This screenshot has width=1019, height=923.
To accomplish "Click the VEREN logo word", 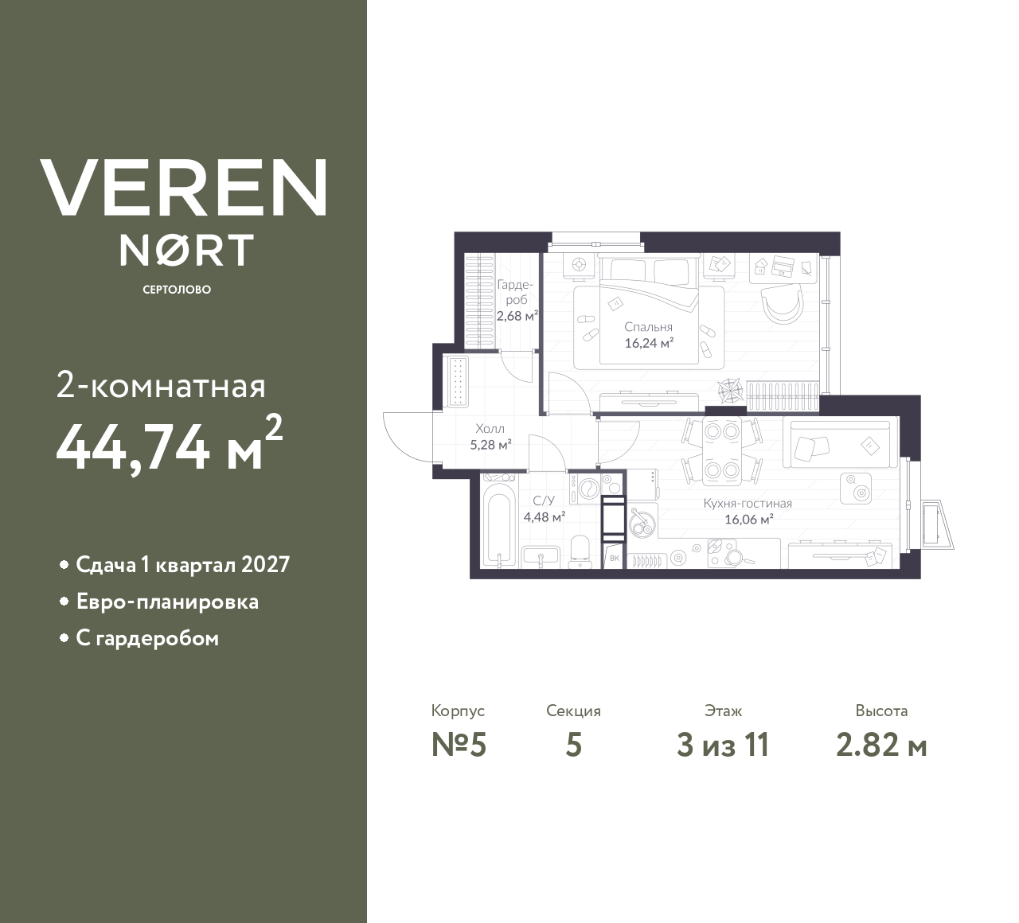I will [184, 188].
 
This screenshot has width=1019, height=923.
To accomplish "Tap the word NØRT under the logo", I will [186, 251].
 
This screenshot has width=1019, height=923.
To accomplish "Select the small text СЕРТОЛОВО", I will [177, 290].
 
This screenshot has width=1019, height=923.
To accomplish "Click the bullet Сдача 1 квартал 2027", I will [182, 565].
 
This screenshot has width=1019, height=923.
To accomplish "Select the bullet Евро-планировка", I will [167, 602].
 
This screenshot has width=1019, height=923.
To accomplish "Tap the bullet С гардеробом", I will [147, 638].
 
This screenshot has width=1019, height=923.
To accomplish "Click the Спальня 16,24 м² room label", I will [649, 335].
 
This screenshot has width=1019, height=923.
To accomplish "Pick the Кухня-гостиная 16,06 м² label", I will [748, 512].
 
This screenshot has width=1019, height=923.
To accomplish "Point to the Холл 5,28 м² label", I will [490, 437].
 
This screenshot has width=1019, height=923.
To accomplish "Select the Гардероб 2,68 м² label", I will [516, 300].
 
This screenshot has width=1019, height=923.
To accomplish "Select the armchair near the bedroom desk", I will [782, 303].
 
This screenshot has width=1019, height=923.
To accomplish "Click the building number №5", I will [459, 746].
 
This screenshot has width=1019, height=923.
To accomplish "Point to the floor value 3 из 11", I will [723, 746].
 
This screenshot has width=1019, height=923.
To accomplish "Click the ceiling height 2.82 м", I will [881, 746].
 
